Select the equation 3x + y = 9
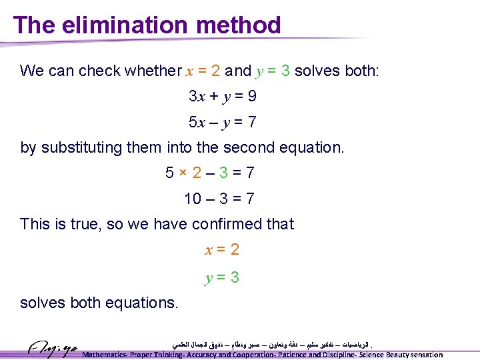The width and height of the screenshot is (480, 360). tap(223, 97)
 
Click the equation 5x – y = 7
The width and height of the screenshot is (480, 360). tap(223, 123)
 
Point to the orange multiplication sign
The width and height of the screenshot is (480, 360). tap(181, 173)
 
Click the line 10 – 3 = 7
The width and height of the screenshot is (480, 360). tap(219, 199)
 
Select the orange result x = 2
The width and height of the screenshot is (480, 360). tap(222, 250)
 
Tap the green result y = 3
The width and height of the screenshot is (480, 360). tap(222, 277)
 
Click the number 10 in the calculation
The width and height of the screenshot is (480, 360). tap(193, 199)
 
